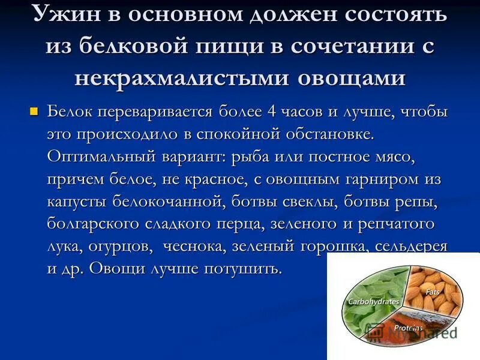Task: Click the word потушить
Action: pyautogui.click(x=244, y=268)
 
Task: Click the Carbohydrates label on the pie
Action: pyautogui.click(x=373, y=302)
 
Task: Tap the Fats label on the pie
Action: pyautogui.click(x=432, y=292)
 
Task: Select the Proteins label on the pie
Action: pyautogui.click(x=409, y=328)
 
